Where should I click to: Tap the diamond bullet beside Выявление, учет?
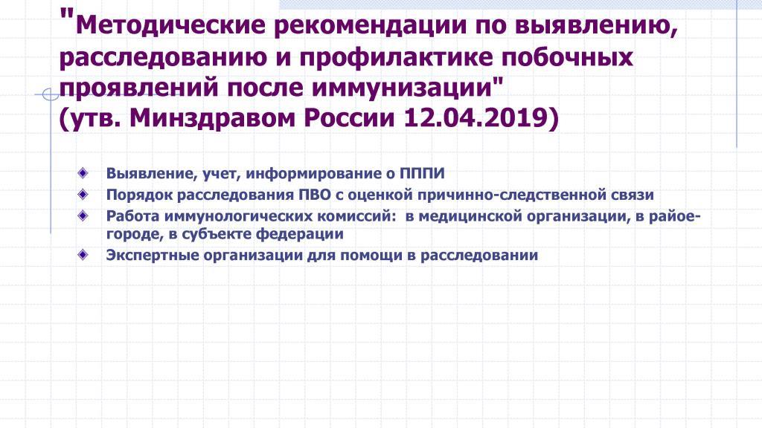pyautogui.click(x=83, y=172)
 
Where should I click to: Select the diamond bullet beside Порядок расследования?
pyautogui.click(x=83, y=194)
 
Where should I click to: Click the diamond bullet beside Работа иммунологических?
pyautogui.click(x=83, y=215)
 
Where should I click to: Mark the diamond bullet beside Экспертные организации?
pyautogui.click(x=83, y=254)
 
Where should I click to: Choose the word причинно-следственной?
pyautogui.click(x=510, y=195)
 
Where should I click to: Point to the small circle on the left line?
pyautogui.click(x=51, y=94)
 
